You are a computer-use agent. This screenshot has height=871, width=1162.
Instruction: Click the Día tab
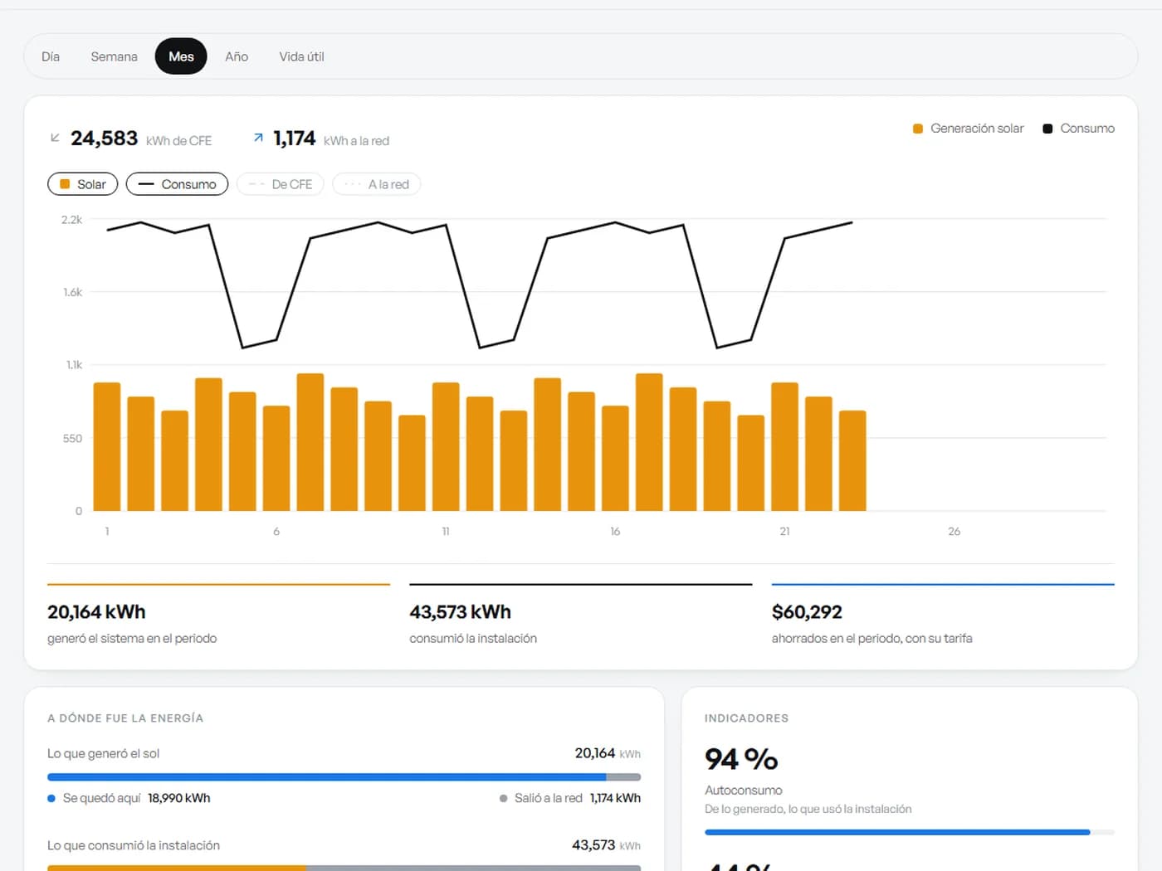[51, 56]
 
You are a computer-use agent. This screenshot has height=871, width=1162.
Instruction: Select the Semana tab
[114, 56]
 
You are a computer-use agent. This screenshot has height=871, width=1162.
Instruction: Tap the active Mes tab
[181, 56]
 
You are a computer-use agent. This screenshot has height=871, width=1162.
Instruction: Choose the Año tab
[237, 56]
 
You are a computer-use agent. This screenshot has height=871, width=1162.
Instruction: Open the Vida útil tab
[302, 56]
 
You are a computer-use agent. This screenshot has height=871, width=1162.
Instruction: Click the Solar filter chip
[82, 184]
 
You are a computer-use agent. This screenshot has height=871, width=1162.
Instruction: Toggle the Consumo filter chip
[178, 184]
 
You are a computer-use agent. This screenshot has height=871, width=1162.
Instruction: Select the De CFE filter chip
[281, 184]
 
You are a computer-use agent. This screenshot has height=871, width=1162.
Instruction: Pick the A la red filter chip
[377, 184]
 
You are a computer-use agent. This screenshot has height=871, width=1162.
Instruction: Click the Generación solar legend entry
[969, 129]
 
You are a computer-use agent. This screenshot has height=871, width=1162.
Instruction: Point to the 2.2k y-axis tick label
[72, 220]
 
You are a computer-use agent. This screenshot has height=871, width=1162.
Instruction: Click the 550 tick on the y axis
[72, 439]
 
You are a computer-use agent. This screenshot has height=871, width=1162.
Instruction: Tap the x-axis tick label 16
[615, 532]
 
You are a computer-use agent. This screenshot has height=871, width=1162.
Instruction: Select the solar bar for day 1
[107, 447]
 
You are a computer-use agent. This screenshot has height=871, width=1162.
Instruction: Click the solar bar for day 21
[785, 447]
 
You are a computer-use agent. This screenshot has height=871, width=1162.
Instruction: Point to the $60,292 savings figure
[807, 612]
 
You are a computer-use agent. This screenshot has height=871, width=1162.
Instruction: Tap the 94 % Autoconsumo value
[741, 759]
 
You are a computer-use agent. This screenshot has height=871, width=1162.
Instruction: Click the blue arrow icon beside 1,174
[258, 138]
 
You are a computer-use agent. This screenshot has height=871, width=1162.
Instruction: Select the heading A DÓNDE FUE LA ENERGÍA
[125, 718]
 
